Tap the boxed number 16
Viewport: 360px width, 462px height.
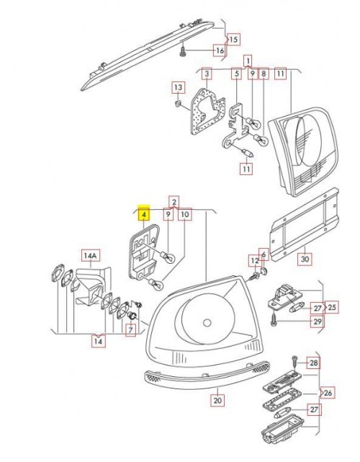click(x=218, y=50)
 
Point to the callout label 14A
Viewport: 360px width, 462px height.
click(x=90, y=255)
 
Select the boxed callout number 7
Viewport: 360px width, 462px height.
click(x=130, y=331)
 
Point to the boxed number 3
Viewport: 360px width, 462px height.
click(x=206, y=74)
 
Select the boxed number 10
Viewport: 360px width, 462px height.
click(x=184, y=214)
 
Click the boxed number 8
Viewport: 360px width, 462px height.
click(x=264, y=74)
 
